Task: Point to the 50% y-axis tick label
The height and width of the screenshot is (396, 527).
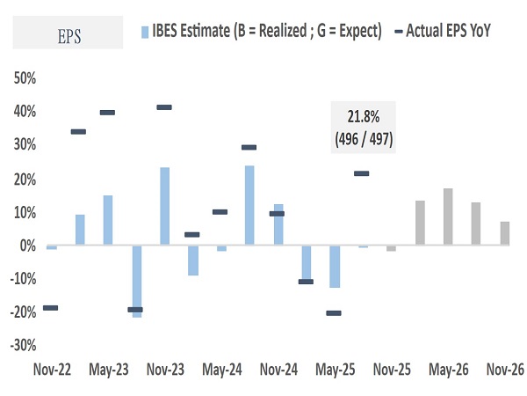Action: pyautogui.click(x=22, y=78)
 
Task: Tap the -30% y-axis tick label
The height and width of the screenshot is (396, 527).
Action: pyautogui.click(x=20, y=346)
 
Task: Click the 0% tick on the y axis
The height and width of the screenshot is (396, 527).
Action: pyautogui.click(x=25, y=246)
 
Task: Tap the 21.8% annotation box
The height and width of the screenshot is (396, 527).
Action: pyautogui.click(x=364, y=128)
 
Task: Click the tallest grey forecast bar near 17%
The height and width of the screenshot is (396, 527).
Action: pyautogui.click(x=448, y=217)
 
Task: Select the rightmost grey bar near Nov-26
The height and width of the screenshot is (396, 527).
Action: pyautogui.click(x=505, y=234)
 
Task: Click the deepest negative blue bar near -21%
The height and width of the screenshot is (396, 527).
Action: pyautogui.click(x=136, y=281)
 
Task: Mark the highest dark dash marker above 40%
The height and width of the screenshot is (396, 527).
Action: pyautogui.click(x=164, y=107)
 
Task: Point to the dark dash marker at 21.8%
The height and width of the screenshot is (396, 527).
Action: pyautogui.click(x=362, y=173)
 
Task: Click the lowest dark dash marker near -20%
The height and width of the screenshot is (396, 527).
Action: pyautogui.click(x=333, y=313)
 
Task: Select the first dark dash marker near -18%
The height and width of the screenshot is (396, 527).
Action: pyautogui.click(x=51, y=307)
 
